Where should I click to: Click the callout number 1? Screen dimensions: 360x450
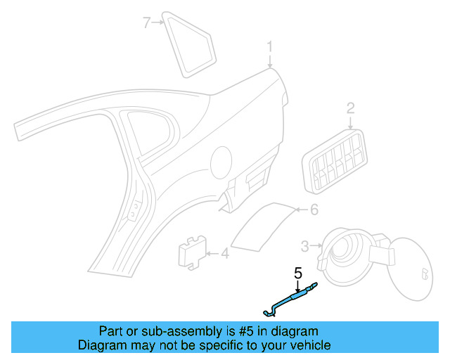click(x=269, y=47)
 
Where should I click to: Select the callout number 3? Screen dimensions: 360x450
click(x=305, y=245)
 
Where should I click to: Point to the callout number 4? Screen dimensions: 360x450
click(x=224, y=253)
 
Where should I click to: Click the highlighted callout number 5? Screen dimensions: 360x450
click(x=298, y=271)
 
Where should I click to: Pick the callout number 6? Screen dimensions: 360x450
click(x=314, y=210)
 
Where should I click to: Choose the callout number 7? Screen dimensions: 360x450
click(x=147, y=22)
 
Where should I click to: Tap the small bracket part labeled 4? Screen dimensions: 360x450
click(x=191, y=251)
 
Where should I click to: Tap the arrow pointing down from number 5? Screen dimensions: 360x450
click(x=297, y=285)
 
